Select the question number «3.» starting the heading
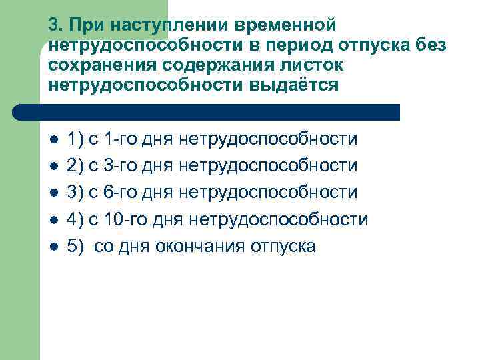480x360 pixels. tap(55, 25)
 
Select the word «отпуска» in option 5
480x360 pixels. tap(283, 246)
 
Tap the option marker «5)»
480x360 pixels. tap(75, 246)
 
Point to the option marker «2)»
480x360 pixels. tap(75, 166)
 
